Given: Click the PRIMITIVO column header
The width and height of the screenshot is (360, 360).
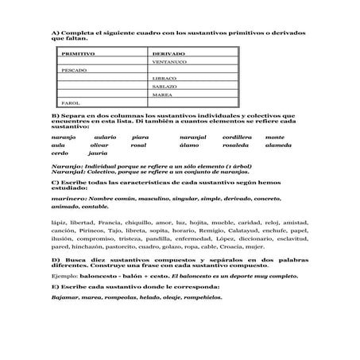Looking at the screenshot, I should tap(78, 53).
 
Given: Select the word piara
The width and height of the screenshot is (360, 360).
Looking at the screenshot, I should tap(141, 137).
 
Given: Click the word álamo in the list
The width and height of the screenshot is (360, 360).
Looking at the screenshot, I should tap(189, 145).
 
